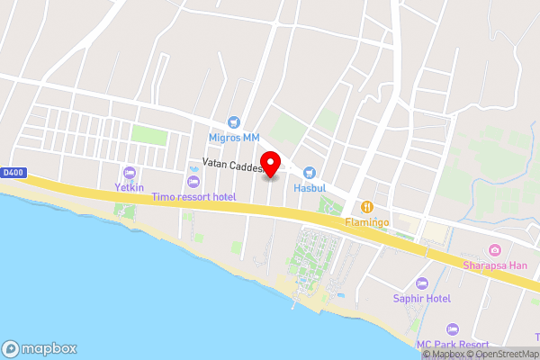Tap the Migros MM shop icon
point(234,121)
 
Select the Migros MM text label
point(234,138)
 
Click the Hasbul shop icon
point(310,172)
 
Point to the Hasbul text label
point(310,188)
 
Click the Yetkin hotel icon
point(129,172)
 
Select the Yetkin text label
point(129,188)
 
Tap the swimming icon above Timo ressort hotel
point(193,181)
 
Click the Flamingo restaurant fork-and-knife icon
point(367,205)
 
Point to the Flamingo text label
point(367,221)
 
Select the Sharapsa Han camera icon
point(494,249)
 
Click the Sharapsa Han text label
point(494,265)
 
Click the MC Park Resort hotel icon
point(453,329)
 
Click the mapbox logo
point(40,348)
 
